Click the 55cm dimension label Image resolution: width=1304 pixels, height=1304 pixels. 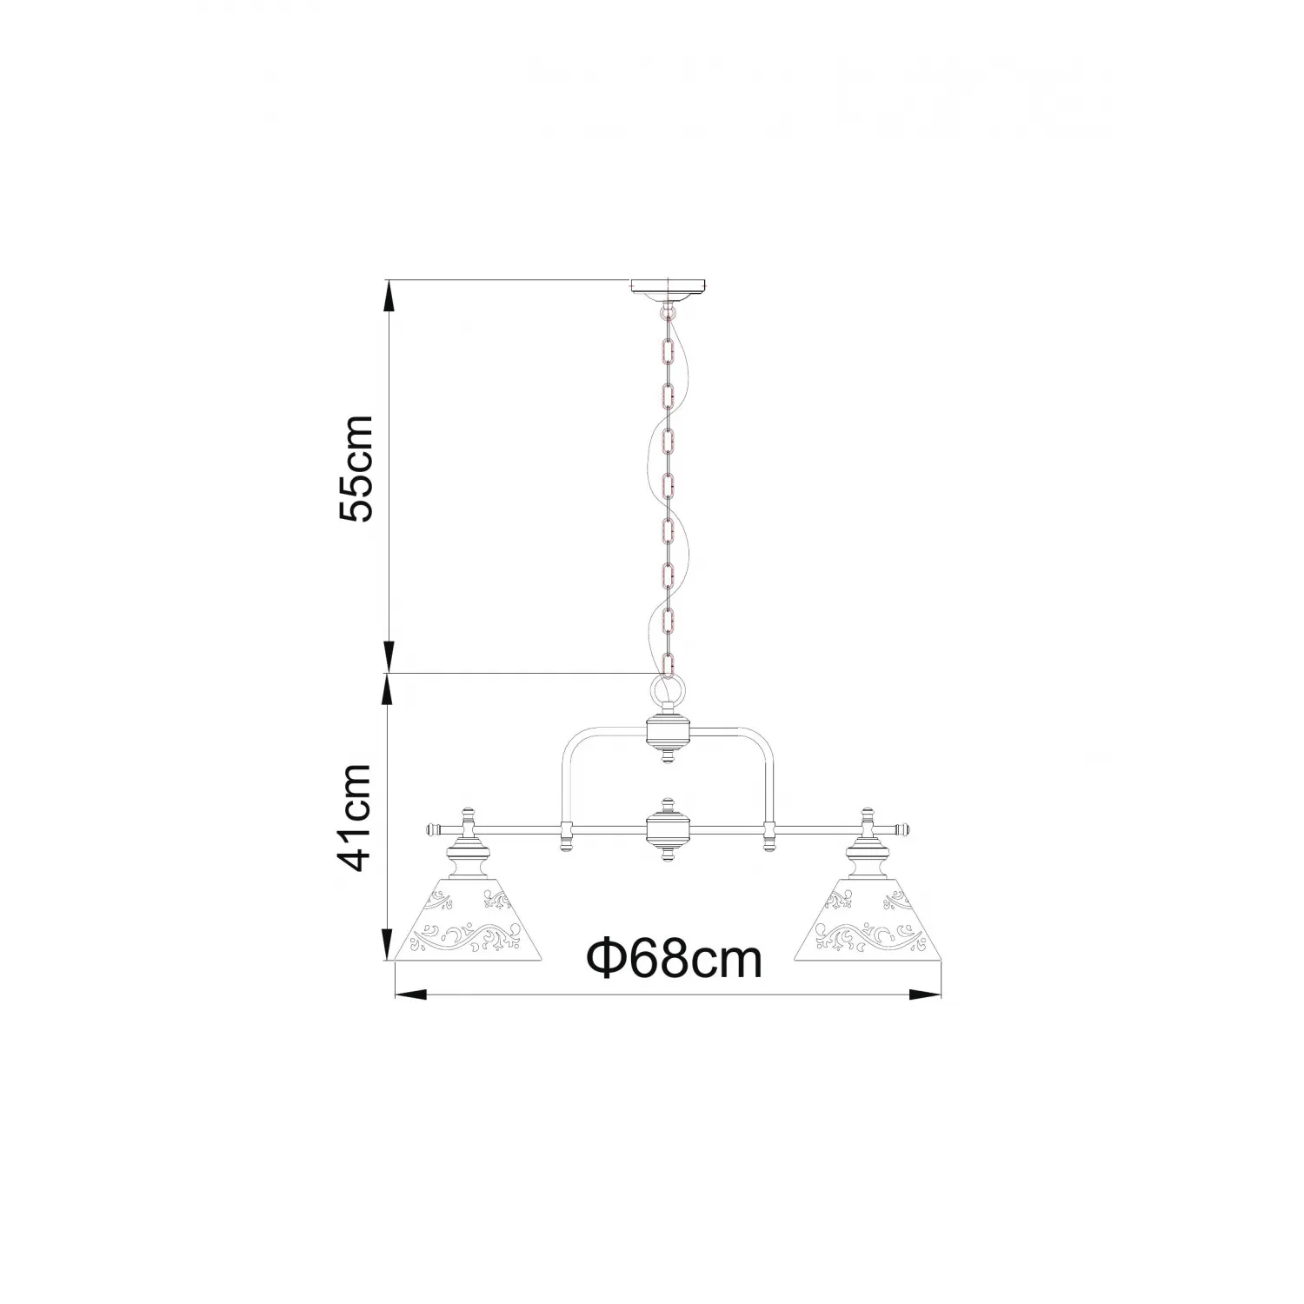[x=356, y=468]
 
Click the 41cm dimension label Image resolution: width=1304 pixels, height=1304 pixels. [x=356, y=818]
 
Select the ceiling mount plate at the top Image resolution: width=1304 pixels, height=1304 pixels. [x=668, y=289]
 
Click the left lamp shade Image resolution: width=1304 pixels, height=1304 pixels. [x=470, y=929]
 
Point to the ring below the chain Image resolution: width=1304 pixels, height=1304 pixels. [x=668, y=691]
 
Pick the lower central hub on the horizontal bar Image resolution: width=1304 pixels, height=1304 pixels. [x=668, y=828]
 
